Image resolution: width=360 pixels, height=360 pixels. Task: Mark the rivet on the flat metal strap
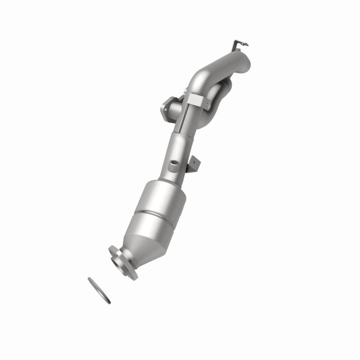click(x=207, y=103)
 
